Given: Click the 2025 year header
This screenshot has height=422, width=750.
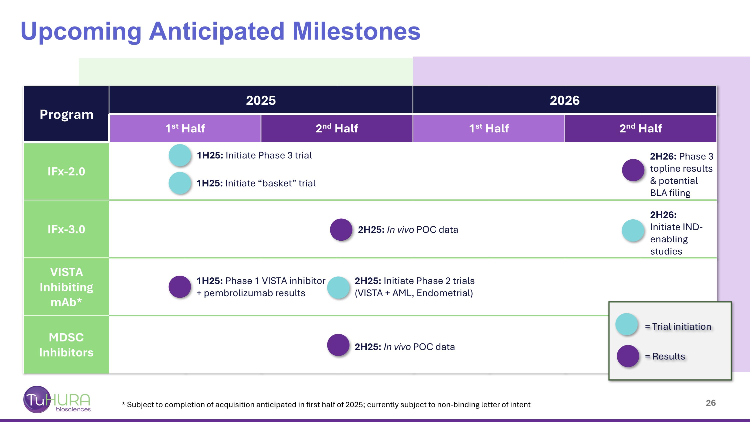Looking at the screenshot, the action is click(x=261, y=101).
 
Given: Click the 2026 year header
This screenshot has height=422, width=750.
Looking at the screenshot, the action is click(x=564, y=101).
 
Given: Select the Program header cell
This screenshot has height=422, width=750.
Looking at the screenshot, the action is click(x=66, y=114).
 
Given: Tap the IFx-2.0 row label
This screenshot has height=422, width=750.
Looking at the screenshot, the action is click(x=66, y=171).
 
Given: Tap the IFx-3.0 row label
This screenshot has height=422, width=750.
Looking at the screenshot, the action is click(x=66, y=229).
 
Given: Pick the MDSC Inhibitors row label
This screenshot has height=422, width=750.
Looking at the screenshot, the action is click(x=66, y=345).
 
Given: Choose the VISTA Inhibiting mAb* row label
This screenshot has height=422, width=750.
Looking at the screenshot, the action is click(x=66, y=287).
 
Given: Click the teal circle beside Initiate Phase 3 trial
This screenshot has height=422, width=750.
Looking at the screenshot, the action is click(x=180, y=155).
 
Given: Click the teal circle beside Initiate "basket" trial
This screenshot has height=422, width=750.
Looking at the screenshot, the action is click(x=180, y=183).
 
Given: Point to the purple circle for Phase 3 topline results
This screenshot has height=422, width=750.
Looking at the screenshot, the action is click(x=633, y=170).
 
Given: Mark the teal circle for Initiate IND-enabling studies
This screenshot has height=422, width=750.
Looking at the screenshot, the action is click(x=633, y=231).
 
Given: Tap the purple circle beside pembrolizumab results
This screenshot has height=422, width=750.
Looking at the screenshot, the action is click(x=180, y=287).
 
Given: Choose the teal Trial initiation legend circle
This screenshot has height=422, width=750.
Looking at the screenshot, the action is click(x=627, y=324).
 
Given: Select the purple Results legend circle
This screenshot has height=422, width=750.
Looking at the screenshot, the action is click(x=628, y=356).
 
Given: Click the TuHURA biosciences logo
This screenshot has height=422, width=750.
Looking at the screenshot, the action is click(x=57, y=399).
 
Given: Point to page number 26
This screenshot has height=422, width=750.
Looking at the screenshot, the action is click(x=711, y=403).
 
